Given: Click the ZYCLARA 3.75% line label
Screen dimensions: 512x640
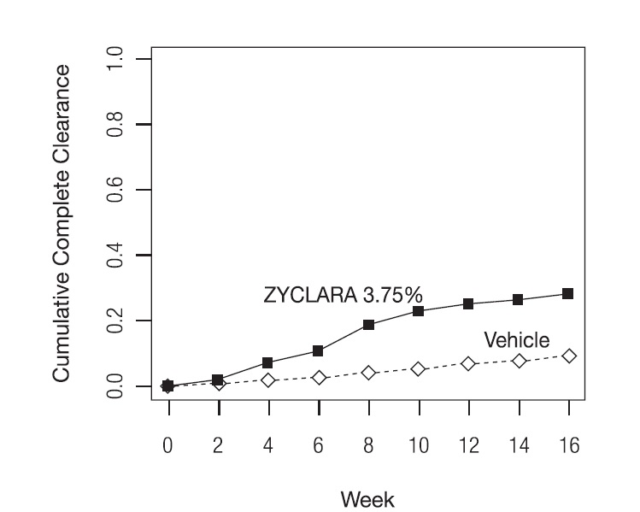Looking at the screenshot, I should click(342, 296).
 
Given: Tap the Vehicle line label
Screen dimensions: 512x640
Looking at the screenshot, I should click(517, 340).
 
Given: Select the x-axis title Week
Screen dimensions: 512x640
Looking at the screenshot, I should click(368, 497).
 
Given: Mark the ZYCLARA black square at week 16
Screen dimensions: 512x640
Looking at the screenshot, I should click(569, 294).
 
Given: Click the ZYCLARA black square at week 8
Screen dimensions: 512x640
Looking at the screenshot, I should click(369, 325).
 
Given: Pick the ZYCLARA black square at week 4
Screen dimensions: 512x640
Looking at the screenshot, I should click(268, 363).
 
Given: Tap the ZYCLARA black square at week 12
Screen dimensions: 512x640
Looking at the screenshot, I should click(469, 304).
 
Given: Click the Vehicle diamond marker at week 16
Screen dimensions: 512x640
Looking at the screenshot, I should click(569, 356).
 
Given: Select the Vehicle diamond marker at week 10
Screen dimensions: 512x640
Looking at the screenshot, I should click(419, 369).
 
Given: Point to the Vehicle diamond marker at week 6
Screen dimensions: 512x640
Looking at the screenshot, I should click(319, 378).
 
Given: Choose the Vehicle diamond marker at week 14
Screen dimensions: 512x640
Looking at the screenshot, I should click(520, 362).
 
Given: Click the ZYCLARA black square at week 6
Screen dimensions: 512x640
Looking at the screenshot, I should click(319, 351).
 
